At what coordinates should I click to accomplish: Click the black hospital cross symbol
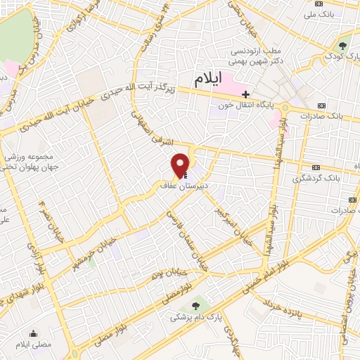[245, 94]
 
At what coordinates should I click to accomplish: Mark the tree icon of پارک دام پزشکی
[195, 305]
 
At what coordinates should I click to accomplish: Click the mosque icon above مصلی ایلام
[32, 333]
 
